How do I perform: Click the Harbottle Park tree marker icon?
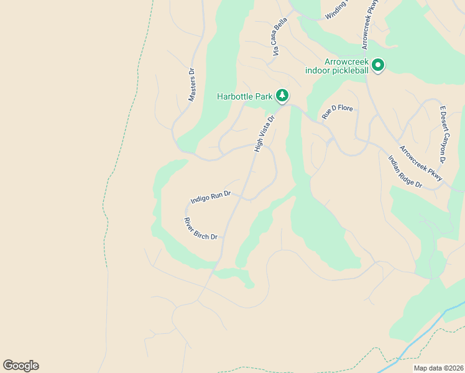283,96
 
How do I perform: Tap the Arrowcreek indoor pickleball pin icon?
378,65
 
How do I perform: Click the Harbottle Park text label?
244,96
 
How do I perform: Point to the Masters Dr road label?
192,85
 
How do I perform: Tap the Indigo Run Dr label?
211,197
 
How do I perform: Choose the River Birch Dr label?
201,228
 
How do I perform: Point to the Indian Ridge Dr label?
405,172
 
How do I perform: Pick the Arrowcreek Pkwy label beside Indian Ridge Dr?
421,163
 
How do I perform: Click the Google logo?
21,366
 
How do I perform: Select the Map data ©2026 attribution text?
438,368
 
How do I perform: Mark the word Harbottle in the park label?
234,96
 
